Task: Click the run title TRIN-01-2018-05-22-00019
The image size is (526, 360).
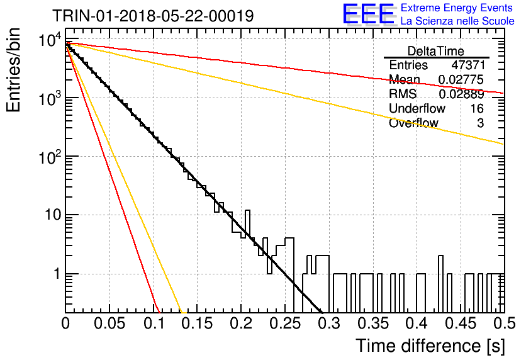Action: [153, 16]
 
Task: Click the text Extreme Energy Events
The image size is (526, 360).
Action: [457, 8]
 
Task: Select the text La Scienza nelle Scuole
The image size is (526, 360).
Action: [457, 21]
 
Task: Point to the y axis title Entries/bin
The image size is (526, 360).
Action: [14, 70]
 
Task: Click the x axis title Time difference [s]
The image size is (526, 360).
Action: [430, 346]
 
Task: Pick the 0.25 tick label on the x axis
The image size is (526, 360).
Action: [285, 323]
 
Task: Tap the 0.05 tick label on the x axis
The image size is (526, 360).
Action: [109, 323]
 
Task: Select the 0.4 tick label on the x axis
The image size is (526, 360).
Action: [417, 323]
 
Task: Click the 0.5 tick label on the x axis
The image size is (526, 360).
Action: [504, 323]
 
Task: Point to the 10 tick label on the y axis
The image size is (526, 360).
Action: [53, 215]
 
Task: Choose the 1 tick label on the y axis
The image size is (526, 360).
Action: [57, 274]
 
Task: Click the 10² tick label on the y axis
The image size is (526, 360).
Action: [51, 156]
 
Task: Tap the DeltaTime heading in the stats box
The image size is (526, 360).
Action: [436, 51]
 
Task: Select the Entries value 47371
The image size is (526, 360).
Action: [468, 65]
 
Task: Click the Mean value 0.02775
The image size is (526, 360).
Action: [461, 79]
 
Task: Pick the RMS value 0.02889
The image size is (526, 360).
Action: [461, 94]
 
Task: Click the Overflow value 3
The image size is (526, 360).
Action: [480, 123]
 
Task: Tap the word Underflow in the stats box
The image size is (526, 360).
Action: [417, 108]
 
